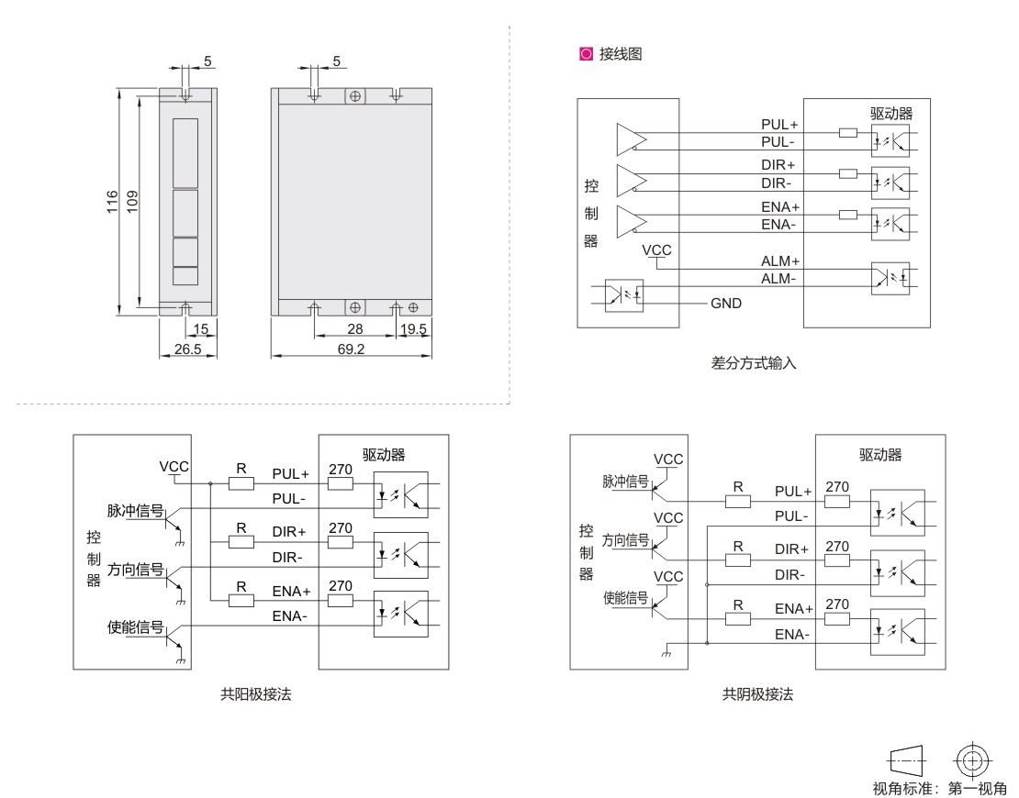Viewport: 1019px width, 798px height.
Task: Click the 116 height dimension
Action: coord(111,202)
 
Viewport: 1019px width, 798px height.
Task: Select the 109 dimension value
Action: coord(132,202)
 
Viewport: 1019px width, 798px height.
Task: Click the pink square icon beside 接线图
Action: coord(574,54)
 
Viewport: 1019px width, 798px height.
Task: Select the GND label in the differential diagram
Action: coord(725,303)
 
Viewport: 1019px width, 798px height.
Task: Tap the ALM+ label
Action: coord(780,261)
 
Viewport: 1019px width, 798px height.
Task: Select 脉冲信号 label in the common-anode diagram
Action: coord(135,511)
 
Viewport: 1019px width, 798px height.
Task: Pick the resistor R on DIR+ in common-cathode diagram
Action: coord(738,559)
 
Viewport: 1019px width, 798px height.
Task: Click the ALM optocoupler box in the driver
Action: coord(890,276)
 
